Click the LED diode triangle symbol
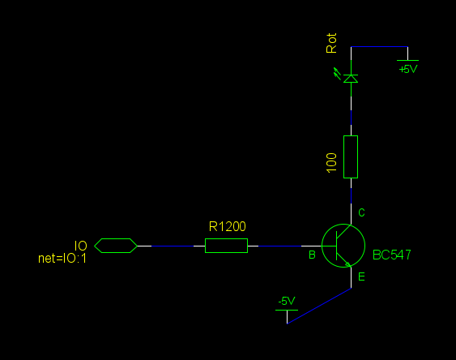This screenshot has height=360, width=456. (351, 79)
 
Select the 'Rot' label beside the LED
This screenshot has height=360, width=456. (331, 43)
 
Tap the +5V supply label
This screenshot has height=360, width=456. (408, 69)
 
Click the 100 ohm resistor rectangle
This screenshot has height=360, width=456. (351, 156)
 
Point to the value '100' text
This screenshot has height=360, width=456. (331, 163)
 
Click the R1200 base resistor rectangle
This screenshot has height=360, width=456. (226, 246)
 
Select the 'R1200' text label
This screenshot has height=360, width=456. (228, 226)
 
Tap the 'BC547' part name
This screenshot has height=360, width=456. (392, 255)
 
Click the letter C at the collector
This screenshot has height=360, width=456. (361, 212)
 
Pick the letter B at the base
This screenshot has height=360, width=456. (312, 255)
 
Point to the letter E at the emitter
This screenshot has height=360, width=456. (361, 276)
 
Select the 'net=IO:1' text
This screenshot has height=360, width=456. (62, 259)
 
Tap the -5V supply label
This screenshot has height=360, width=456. (287, 301)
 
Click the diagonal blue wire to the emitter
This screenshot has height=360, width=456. (319, 306)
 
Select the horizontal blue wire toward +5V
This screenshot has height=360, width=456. (379, 46)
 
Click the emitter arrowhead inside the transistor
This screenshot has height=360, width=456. (347, 264)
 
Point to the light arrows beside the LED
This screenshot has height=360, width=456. (337, 73)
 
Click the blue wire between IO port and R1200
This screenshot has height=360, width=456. (173, 246)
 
